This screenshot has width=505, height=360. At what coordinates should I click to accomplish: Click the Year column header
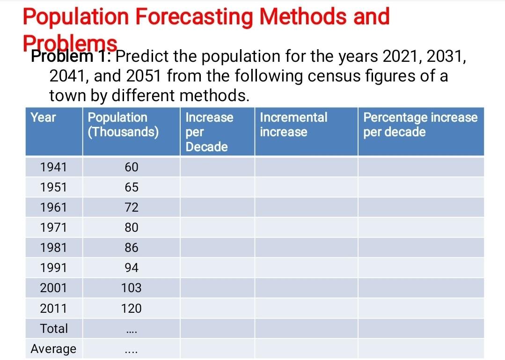point(43,117)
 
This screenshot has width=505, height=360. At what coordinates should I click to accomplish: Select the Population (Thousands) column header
point(123,125)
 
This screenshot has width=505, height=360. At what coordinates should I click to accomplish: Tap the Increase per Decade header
point(209,132)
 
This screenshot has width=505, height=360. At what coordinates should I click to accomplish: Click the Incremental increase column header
point(293,125)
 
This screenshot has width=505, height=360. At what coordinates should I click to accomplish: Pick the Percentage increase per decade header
point(420,125)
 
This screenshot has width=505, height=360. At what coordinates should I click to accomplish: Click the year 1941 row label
point(53,167)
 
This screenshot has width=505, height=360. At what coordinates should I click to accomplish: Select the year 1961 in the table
point(53,207)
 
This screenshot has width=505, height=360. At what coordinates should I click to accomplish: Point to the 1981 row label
point(53,248)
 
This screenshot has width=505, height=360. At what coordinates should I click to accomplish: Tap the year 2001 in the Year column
point(53,288)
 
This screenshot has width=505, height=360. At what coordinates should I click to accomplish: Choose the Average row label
point(53,349)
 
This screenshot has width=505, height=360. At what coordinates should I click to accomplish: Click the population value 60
point(132,167)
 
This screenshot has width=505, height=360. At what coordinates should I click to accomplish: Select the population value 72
point(132,207)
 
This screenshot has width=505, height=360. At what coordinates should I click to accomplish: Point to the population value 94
point(132,268)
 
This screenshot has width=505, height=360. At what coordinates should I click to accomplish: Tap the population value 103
point(132,288)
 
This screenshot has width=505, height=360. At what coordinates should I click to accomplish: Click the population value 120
point(132,308)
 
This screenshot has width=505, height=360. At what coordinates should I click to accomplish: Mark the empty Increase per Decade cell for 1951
point(217,187)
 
